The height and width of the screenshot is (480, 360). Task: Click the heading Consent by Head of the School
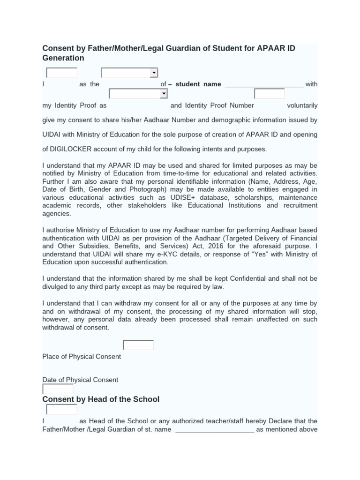[101, 399]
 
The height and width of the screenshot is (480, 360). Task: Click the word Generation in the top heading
[63, 58]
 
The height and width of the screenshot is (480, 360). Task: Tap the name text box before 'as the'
[61, 73]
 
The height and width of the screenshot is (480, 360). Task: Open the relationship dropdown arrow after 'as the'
[153, 73]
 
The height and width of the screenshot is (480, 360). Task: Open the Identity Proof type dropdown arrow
[163, 94]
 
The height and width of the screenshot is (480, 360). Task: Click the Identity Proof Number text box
[269, 94]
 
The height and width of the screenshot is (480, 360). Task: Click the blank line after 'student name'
[264, 84]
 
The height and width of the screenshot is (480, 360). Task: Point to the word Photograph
[149, 189]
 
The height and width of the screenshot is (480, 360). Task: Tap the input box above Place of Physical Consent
[138, 345]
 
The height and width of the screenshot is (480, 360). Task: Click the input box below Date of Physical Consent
[58, 389]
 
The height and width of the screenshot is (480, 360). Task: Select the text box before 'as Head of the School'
[61, 410]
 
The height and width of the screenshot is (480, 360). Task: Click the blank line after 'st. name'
[214, 429]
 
